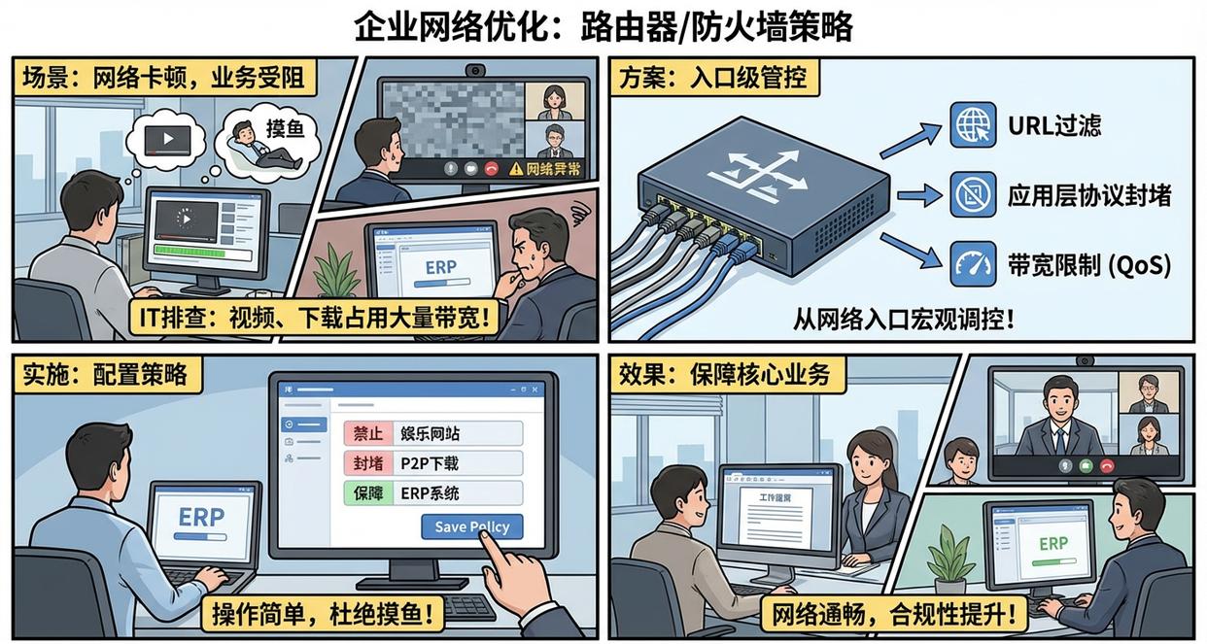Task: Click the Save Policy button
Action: tap(471, 526)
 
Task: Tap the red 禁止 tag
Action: tap(367, 432)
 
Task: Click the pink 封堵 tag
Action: tap(367, 462)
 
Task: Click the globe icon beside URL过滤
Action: tap(972, 125)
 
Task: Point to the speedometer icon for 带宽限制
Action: tap(972, 263)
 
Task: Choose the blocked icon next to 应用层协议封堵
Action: tap(972, 194)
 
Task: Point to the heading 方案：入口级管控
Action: tap(713, 77)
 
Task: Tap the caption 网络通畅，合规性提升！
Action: tap(897, 613)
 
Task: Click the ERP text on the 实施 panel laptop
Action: tap(201, 518)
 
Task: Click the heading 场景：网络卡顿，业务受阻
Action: tap(165, 77)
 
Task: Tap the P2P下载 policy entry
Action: tap(430, 462)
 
